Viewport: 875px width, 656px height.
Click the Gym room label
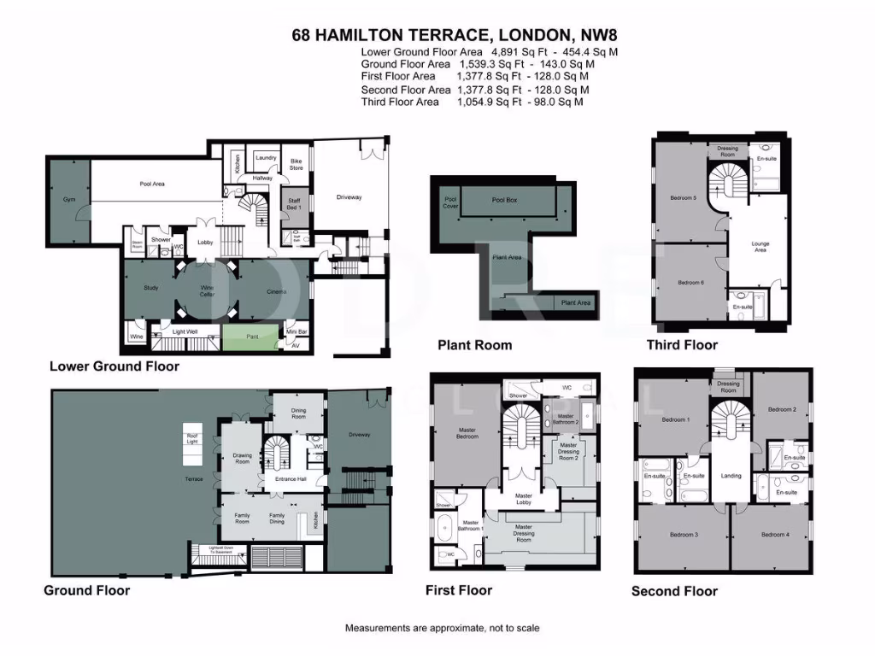tap(68, 199)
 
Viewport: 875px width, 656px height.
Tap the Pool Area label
tap(152, 184)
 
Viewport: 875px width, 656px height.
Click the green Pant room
tap(251, 337)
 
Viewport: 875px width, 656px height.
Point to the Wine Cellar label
tap(208, 291)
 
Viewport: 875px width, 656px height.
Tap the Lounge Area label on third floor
tap(760, 247)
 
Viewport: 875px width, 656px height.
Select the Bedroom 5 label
tap(683, 198)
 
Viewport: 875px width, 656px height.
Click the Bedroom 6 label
tap(690, 283)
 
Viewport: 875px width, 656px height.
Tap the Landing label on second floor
tap(731, 476)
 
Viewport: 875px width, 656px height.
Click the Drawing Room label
tap(243, 458)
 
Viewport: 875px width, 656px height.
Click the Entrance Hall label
tap(291, 479)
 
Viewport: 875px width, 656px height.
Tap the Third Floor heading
tap(682, 345)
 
